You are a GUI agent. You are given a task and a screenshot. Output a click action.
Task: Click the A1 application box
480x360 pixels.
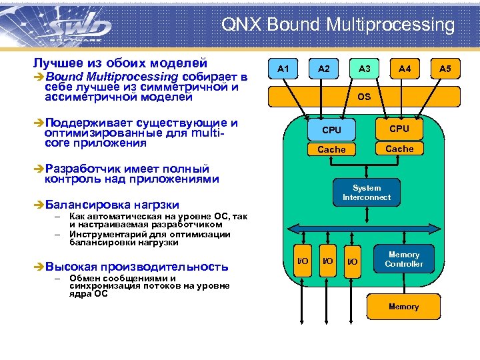point(284,69)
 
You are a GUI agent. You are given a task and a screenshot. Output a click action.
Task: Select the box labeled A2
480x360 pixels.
point(324,69)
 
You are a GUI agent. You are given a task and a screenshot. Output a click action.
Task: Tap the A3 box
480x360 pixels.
point(365,69)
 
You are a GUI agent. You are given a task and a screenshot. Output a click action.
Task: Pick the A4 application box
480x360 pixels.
point(405,69)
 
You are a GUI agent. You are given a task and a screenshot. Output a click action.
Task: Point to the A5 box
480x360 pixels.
point(445,69)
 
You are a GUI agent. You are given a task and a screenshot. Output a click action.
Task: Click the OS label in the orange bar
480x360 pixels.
point(364,97)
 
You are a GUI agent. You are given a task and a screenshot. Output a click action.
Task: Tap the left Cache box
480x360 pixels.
point(331,149)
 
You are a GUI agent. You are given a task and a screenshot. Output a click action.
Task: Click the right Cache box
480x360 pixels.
point(399,149)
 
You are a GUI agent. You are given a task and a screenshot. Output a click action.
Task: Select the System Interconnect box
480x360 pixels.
point(367,193)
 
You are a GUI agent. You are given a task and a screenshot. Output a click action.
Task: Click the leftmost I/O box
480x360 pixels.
point(302,261)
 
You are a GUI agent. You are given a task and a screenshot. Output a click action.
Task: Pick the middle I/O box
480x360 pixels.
point(327,261)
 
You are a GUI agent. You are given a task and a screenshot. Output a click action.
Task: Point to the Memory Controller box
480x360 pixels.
point(403,259)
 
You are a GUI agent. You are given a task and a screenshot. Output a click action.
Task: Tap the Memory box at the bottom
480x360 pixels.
point(403,307)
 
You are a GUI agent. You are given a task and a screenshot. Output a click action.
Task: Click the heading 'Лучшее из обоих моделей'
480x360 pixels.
point(120,63)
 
